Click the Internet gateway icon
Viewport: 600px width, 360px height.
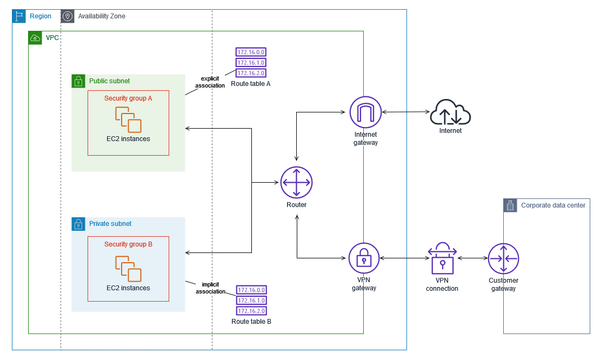pyautogui.click(x=365, y=112)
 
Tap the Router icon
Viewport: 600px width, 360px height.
pyautogui.click(x=297, y=183)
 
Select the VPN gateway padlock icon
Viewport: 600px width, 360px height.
pyautogui.click(x=364, y=258)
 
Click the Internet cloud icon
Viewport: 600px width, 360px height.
pyautogui.click(x=450, y=112)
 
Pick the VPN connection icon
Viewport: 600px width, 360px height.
pyautogui.click(x=442, y=258)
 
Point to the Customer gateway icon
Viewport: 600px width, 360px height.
pyautogui.click(x=504, y=258)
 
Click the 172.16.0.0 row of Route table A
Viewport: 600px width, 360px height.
pyautogui.click(x=251, y=52)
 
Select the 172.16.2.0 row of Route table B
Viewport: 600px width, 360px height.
pyautogui.click(x=251, y=311)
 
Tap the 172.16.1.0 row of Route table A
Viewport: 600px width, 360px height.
pyautogui.click(x=251, y=62)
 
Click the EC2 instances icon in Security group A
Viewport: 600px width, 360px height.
pyautogui.click(x=128, y=120)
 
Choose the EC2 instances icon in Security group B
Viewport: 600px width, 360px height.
pyautogui.click(x=128, y=269)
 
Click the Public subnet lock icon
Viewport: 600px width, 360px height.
pyautogui.click(x=78, y=81)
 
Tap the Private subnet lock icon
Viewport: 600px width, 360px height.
pyautogui.click(x=78, y=224)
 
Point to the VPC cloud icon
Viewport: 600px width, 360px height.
pyautogui.click(x=35, y=38)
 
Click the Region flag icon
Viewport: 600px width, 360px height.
pyautogui.click(x=19, y=16)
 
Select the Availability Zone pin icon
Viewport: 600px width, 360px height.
pyautogui.click(x=68, y=16)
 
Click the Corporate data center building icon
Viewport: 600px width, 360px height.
pyautogui.click(x=510, y=205)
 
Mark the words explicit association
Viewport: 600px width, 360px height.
pyautogui.click(x=210, y=82)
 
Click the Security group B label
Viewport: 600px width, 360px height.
pyautogui.click(x=128, y=244)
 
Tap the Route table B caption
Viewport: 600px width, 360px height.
pyautogui.click(x=251, y=322)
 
